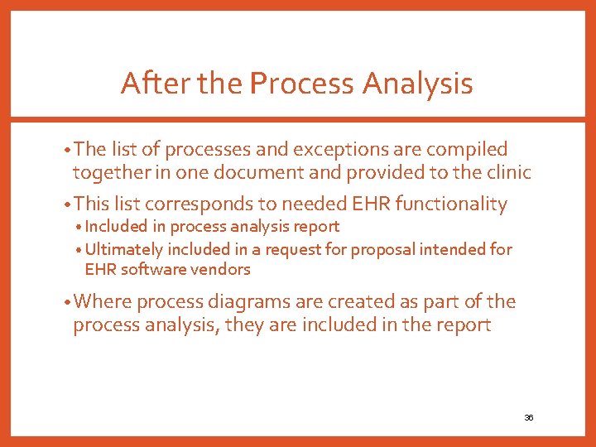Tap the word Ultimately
[x=125, y=249]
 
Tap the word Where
[x=102, y=302]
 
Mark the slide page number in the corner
[x=528, y=417]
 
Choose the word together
[x=105, y=172]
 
